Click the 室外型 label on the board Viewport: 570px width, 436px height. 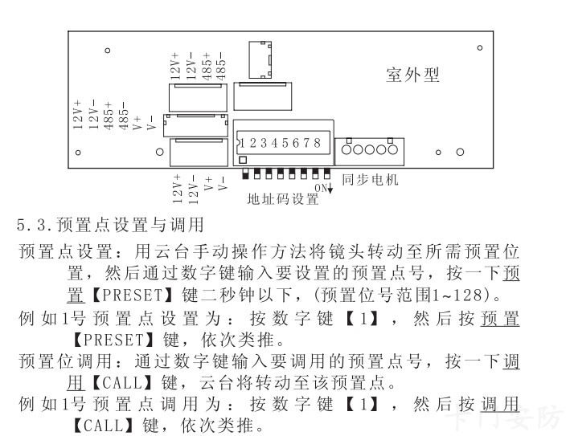[x=412, y=75]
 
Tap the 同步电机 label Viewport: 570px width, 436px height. [x=370, y=180]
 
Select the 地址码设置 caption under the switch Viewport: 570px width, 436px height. [x=283, y=199]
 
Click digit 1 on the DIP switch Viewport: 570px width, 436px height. [x=252, y=143]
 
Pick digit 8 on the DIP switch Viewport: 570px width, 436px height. [x=318, y=143]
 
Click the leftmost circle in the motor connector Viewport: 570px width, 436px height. [x=347, y=149]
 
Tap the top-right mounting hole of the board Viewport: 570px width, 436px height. [x=480, y=47]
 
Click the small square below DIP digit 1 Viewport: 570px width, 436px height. [x=244, y=160]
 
